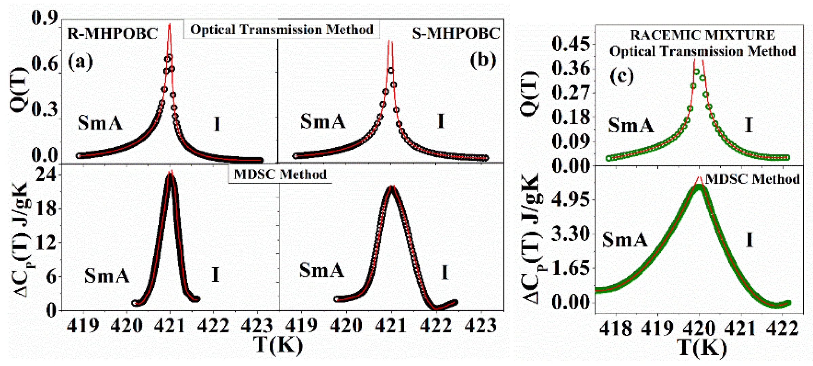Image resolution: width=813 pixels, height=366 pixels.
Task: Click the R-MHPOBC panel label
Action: click(x=112, y=33)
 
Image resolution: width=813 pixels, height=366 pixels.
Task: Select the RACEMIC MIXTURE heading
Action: click(x=702, y=35)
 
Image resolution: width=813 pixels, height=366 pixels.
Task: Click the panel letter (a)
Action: click(x=80, y=62)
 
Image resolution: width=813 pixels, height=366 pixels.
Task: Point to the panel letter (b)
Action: click(x=483, y=60)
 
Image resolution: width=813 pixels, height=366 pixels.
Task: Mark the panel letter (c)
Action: click(x=621, y=76)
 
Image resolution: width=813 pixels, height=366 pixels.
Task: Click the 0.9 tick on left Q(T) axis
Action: click(x=45, y=18)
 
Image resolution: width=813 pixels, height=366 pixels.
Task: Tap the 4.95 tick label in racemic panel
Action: click(x=571, y=199)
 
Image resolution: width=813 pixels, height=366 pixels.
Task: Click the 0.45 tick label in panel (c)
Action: click(x=571, y=44)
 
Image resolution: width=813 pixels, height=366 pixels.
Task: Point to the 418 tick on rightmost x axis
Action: click(x=615, y=328)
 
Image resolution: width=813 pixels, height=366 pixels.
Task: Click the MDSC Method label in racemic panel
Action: click(x=752, y=179)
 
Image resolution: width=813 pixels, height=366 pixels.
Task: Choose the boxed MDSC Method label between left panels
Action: click(x=280, y=175)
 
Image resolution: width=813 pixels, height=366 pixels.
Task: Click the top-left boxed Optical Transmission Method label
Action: click(x=281, y=30)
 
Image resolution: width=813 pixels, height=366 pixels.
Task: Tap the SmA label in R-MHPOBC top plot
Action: click(x=100, y=123)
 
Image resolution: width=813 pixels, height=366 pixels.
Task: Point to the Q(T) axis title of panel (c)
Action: click(x=530, y=94)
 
